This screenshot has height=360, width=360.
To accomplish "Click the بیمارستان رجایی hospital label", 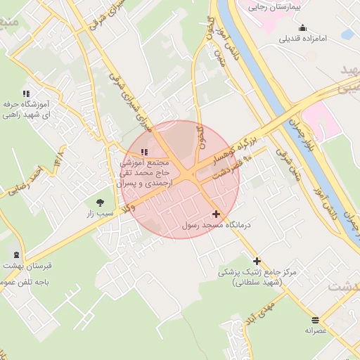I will (x=276, y=6).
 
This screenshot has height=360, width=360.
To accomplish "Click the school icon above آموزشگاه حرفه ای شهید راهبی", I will (x=26, y=93).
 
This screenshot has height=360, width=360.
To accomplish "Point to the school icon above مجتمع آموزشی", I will (x=144, y=152).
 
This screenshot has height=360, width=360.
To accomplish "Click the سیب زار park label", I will (x=100, y=212).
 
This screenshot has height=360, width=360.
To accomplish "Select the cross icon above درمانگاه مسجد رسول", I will (x=215, y=214).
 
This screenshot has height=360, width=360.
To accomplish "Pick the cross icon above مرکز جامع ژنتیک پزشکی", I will (x=257, y=261).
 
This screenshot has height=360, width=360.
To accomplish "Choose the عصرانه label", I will (x=316, y=330).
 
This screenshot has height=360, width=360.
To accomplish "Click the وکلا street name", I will (x=127, y=207).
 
